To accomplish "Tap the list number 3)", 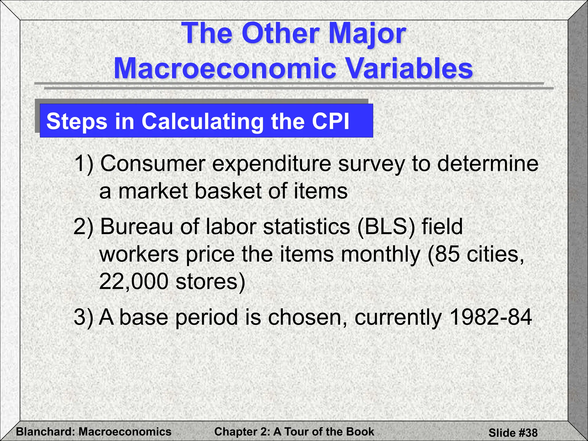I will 84,317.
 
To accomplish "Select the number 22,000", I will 134,281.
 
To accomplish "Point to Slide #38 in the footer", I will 513,432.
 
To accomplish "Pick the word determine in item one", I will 488,164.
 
